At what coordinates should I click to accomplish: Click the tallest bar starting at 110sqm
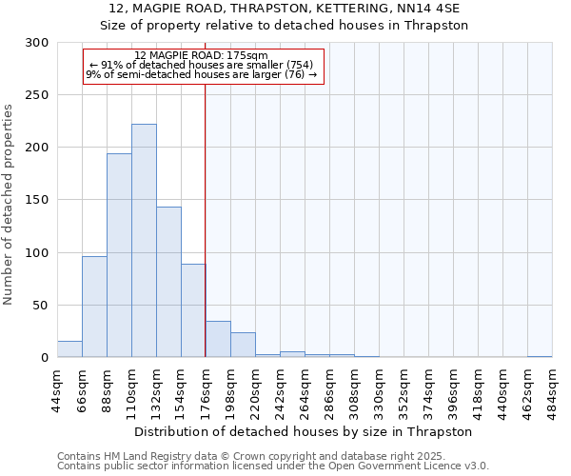144,241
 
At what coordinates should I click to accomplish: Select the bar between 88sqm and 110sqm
119,255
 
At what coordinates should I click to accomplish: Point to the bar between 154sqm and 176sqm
193,310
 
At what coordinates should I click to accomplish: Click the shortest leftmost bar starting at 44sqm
69,349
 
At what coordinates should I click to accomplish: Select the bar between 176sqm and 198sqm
218,339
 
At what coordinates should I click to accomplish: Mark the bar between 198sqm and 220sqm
243,345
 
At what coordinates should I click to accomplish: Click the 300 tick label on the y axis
37,43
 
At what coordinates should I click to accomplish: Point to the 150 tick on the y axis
37,200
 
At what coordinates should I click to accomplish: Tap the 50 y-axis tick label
41,306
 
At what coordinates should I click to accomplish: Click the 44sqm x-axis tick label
57,390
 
